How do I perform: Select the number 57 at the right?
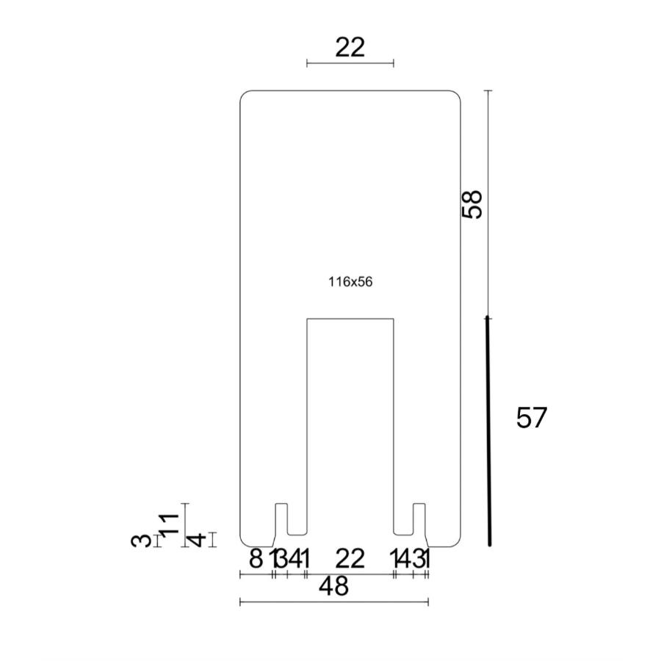532,418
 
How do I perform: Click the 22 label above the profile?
350,48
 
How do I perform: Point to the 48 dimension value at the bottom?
334,585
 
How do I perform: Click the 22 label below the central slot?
350,559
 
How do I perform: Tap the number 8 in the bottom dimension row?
256,559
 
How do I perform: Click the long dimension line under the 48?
334,602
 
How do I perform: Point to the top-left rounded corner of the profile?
245,95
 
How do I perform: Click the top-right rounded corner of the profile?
456,95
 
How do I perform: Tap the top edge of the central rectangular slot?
350,319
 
